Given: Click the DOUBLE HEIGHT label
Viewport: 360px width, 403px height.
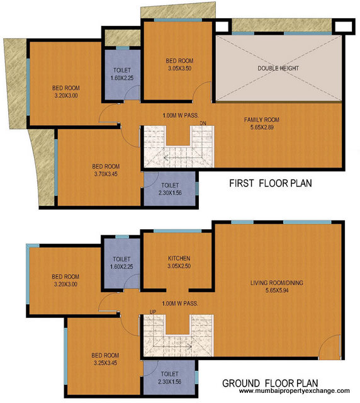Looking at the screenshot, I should point(278,68).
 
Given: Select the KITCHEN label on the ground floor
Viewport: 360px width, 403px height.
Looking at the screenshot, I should point(179,259).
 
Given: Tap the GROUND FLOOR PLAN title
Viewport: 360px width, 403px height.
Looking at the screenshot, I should point(270,382).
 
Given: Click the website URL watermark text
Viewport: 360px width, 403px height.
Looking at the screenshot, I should point(291,392).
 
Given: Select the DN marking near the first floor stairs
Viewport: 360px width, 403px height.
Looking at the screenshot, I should point(203,123).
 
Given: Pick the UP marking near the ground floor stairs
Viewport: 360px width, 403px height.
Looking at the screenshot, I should point(153,312).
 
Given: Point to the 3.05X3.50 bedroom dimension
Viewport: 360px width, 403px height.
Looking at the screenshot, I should point(179,69).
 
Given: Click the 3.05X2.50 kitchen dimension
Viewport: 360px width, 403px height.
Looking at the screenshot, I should point(179,266).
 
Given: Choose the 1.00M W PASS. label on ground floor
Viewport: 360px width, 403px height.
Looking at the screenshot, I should point(180,304).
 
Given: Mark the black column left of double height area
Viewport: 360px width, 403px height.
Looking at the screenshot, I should point(222,26).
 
